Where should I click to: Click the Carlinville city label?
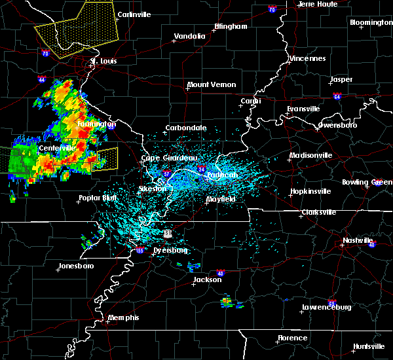tap(134, 14)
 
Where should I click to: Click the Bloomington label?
tap(371, 22)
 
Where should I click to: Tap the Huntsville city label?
tap(369, 346)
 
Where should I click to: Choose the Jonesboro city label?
tap(76, 266)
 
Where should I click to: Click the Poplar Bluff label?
tap(98, 198)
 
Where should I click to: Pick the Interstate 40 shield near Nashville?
tap(372, 245)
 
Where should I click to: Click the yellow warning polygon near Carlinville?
tap(75, 33)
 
